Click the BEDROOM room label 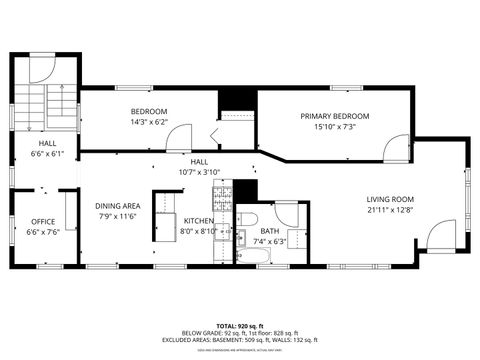(x=149, y=111)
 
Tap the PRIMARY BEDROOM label (x=335, y=116)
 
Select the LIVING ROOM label (x=390, y=199)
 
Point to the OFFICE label (x=43, y=221)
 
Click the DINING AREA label (x=118, y=206)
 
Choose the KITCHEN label (x=197, y=221)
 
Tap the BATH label (x=270, y=231)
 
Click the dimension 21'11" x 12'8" (x=390, y=210)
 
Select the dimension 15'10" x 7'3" (x=335, y=127)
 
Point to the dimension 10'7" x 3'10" (x=199, y=171)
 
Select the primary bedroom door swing (x=396, y=151)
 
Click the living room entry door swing (x=441, y=237)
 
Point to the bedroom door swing (x=219, y=138)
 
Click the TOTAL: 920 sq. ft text (x=240, y=326)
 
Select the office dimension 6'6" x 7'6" (x=43, y=231)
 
